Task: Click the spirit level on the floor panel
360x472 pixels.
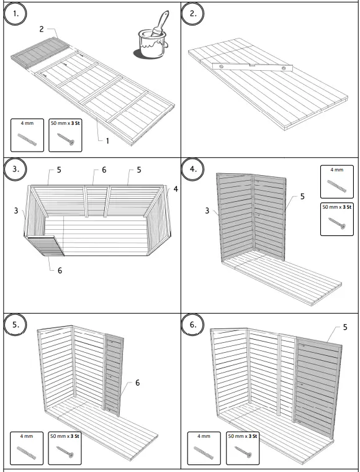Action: [x=251, y=66]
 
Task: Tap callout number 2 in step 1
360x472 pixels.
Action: [x=42, y=29]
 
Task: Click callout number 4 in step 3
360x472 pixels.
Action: [x=176, y=189]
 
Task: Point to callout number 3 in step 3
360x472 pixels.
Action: [x=16, y=211]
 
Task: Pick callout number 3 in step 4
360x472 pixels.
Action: [x=207, y=211]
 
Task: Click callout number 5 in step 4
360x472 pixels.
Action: [x=302, y=197]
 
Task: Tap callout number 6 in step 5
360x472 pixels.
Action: [x=137, y=383]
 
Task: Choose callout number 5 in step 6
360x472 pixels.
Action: [x=344, y=326]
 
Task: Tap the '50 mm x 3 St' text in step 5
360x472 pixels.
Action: [x=65, y=436]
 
